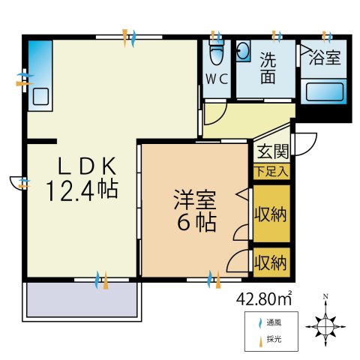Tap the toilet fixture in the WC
[217, 53]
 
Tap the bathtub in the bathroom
[323, 94]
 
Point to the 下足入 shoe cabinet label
[271, 171]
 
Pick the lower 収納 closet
[271, 262]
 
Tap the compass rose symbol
[325, 326]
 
